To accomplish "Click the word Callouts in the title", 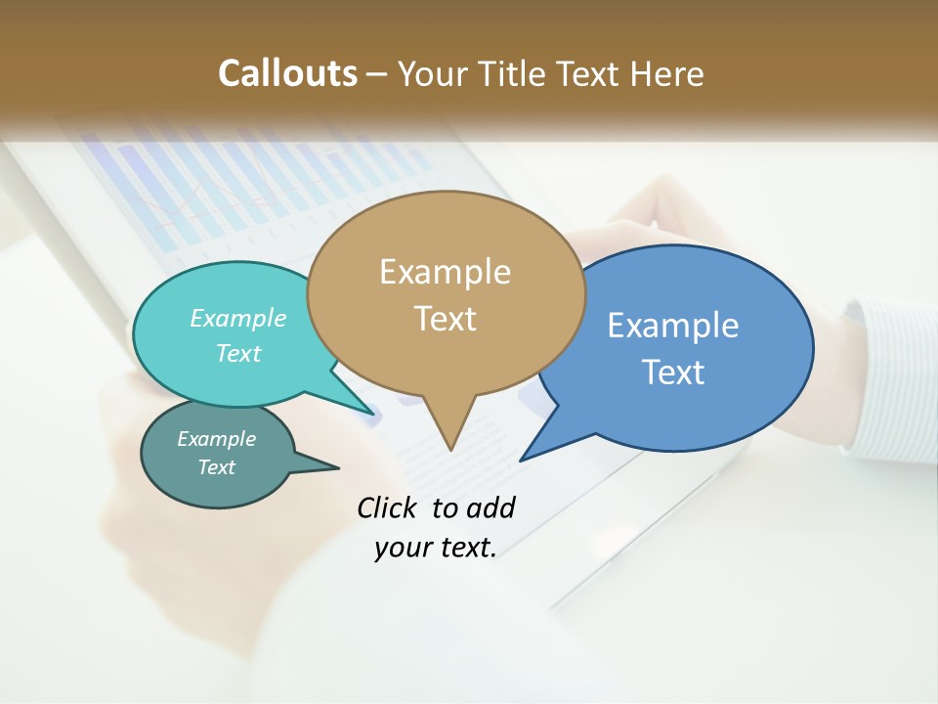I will [287, 73].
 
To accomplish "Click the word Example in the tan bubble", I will [446, 272].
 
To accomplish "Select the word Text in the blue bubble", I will [673, 372].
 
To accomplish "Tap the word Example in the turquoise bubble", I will [238, 319].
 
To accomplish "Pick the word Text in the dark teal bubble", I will [217, 467].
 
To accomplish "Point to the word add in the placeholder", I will [490, 507].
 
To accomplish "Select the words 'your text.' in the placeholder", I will [436, 548].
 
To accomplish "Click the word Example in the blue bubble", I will [673, 326].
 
